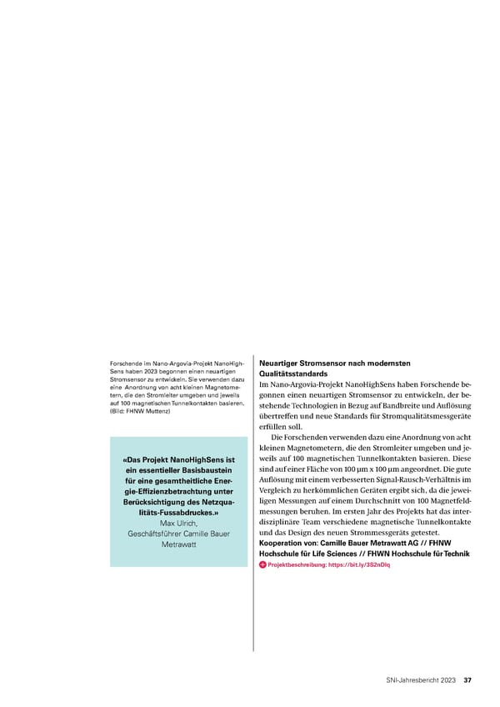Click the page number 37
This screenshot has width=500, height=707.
point(468,679)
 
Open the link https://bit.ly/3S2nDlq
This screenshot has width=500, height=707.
point(361,564)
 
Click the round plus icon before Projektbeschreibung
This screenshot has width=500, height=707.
point(263,564)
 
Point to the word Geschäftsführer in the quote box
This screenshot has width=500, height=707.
point(155,534)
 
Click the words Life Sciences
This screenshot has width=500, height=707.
point(349,554)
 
